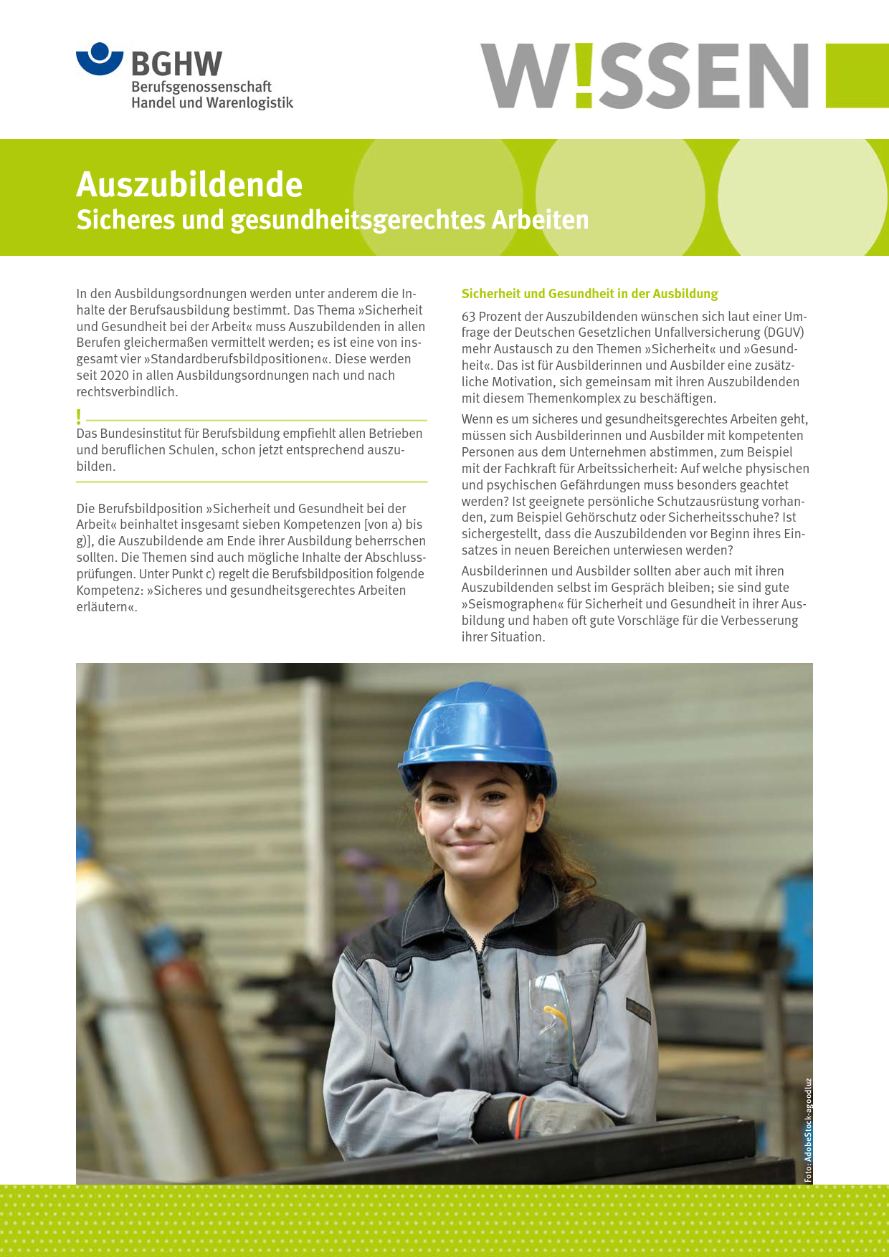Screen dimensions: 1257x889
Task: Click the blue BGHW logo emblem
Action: point(100,59)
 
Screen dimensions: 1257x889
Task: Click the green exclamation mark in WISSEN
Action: point(584,75)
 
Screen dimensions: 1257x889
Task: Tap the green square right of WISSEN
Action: point(857,75)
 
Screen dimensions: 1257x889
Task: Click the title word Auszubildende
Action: point(189,185)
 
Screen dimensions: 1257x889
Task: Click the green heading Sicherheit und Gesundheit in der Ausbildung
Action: point(589,294)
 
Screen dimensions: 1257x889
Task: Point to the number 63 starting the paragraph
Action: point(468,317)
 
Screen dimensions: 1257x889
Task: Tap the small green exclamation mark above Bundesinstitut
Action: point(79,416)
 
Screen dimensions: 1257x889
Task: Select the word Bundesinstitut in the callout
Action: point(141,434)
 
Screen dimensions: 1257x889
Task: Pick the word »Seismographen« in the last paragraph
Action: point(512,604)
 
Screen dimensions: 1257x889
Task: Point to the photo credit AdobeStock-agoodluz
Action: point(808,1129)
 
